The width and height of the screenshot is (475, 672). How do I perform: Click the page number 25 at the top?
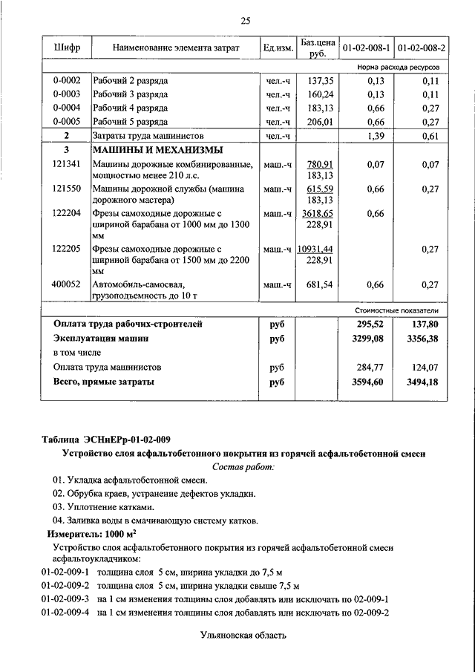246,21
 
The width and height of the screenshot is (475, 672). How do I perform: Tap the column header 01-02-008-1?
366,48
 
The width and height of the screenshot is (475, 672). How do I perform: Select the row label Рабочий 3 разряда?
131,94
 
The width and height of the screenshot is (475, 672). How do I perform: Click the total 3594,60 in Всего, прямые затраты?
373,382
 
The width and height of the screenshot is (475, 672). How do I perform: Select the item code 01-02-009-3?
65,598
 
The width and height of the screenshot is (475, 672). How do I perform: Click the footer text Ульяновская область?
243,636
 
